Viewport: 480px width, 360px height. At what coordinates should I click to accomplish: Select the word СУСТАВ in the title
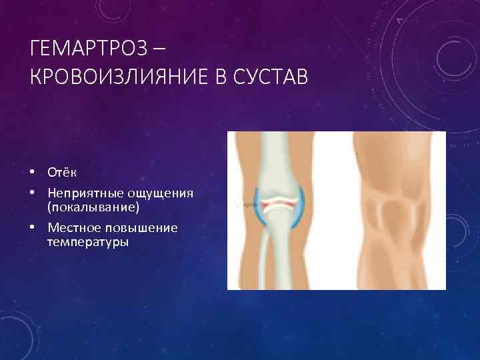tap(271, 78)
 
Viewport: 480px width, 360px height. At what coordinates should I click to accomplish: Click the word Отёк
tap(62, 173)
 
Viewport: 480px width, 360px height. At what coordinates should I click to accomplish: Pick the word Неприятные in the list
tap(83, 193)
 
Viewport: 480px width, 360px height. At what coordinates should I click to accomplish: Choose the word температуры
tap(88, 242)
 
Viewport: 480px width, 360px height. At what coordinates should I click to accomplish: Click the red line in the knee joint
tap(280, 201)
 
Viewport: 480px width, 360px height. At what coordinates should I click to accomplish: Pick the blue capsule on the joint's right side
tap(302, 203)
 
